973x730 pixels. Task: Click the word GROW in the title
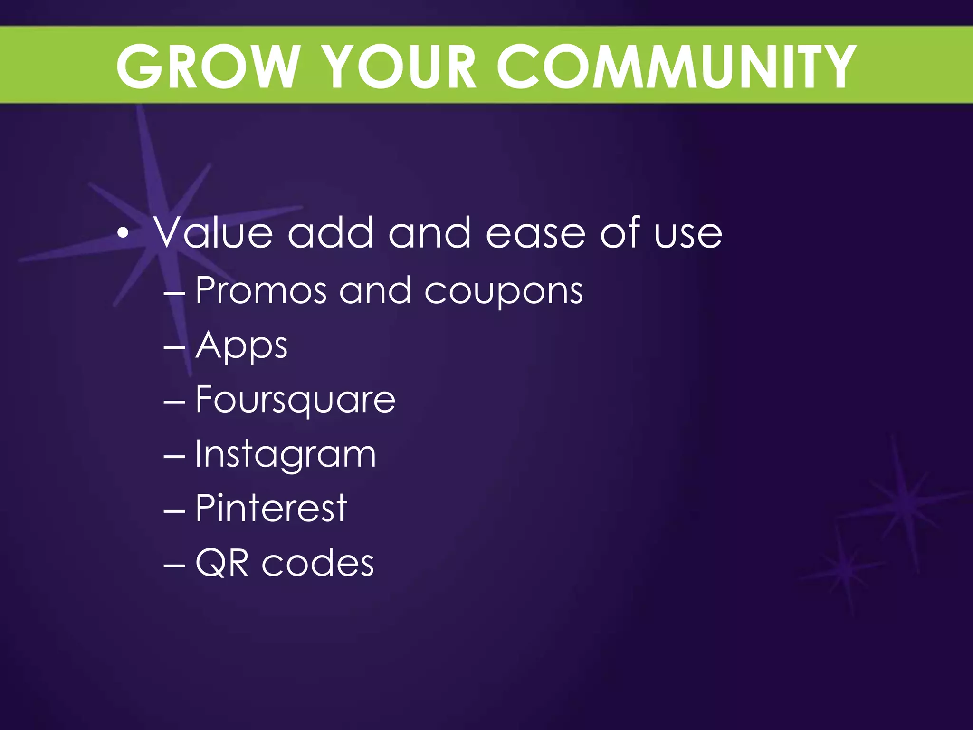pyautogui.click(x=207, y=67)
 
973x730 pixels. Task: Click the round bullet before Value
pyautogui.click(x=123, y=233)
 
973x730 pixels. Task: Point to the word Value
pyautogui.click(x=213, y=233)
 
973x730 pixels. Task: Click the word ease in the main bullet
pyautogui.click(x=535, y=234)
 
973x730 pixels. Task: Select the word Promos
pyautogui.click(x=261, y=290)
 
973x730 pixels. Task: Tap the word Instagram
pyautogui.click(x=286, y=455)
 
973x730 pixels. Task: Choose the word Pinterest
pyautogui.click(x=271, y=509)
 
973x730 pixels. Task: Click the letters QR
pyautogui.click(x=222, y=563)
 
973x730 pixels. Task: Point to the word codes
pyautogui.click(x=317, y=563)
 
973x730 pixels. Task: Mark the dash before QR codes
pyautogui.click(x=174, y=566)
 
